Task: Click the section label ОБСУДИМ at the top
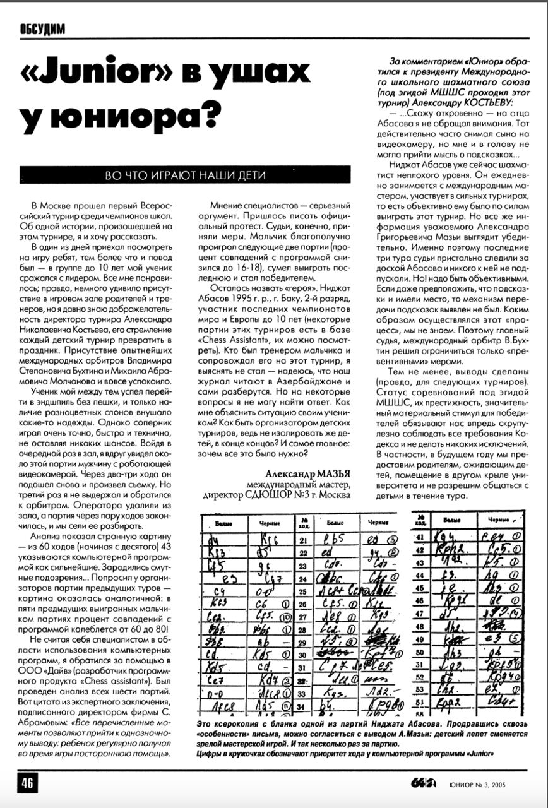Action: [42, 29]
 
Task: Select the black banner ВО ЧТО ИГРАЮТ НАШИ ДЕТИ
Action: [185, 175]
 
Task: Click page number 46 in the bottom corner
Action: [28, 783]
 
